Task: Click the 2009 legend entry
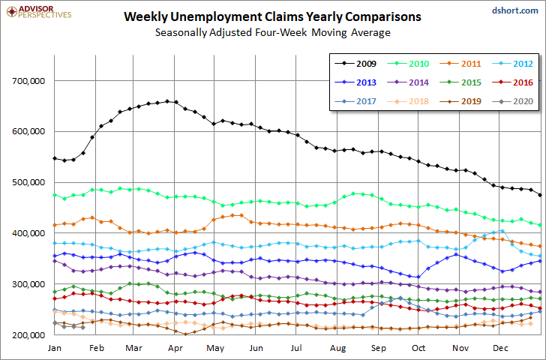click(355, 64)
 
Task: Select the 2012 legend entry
click(512, 64)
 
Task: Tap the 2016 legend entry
click(512, 82)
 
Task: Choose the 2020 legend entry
click(512, 101)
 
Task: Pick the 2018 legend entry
click(408, 101)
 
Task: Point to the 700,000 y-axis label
click(28, 81)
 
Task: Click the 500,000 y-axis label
click(28, 182)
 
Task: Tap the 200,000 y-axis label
click(28, 335)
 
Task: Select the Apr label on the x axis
click(175, 348)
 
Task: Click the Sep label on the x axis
click(379, 348)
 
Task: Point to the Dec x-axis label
click(500, 348)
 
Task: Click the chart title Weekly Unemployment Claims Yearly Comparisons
click(272, 16)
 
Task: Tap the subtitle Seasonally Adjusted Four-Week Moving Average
click(273, 32)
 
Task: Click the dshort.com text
click(515, 10)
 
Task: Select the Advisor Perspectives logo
click(39, 11)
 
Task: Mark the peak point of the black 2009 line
click(167, 101)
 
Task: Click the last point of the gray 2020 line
click(82, 327)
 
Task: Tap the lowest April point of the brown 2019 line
click(185, 334)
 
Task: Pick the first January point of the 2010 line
click(55, 195)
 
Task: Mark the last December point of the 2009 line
click(540, 195)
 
